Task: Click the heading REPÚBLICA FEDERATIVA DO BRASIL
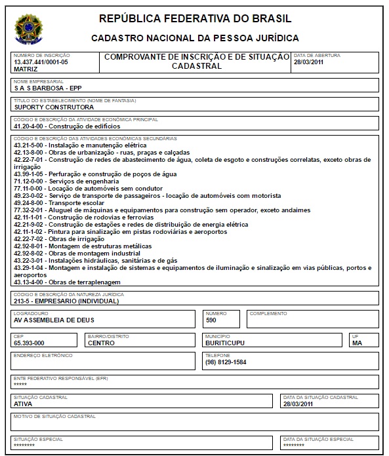point(195,18)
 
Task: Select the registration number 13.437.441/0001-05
point(41,62)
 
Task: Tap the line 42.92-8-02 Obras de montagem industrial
point(77,253)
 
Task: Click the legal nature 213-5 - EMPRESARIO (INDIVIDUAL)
point(66,301)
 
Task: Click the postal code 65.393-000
point(29,343)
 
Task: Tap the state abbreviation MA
point(357,343)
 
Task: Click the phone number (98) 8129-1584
point(226,362)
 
